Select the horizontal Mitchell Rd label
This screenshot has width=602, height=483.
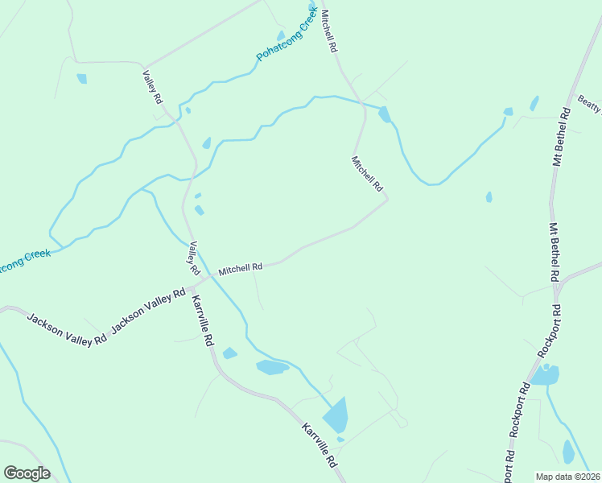point(241,268)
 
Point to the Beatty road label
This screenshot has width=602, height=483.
point(589,104)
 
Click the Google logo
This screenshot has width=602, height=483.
point(27,473)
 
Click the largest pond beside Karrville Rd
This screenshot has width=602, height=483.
point(336,415)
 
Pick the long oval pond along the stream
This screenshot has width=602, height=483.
point(272,368)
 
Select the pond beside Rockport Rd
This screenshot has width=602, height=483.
point(546,375)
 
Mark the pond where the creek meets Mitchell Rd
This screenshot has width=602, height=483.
point(385,114)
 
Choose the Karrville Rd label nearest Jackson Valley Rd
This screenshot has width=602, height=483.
point(202,320)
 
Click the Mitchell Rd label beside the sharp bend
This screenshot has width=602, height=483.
point(366,173)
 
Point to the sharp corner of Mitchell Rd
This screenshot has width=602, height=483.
point(388,198)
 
